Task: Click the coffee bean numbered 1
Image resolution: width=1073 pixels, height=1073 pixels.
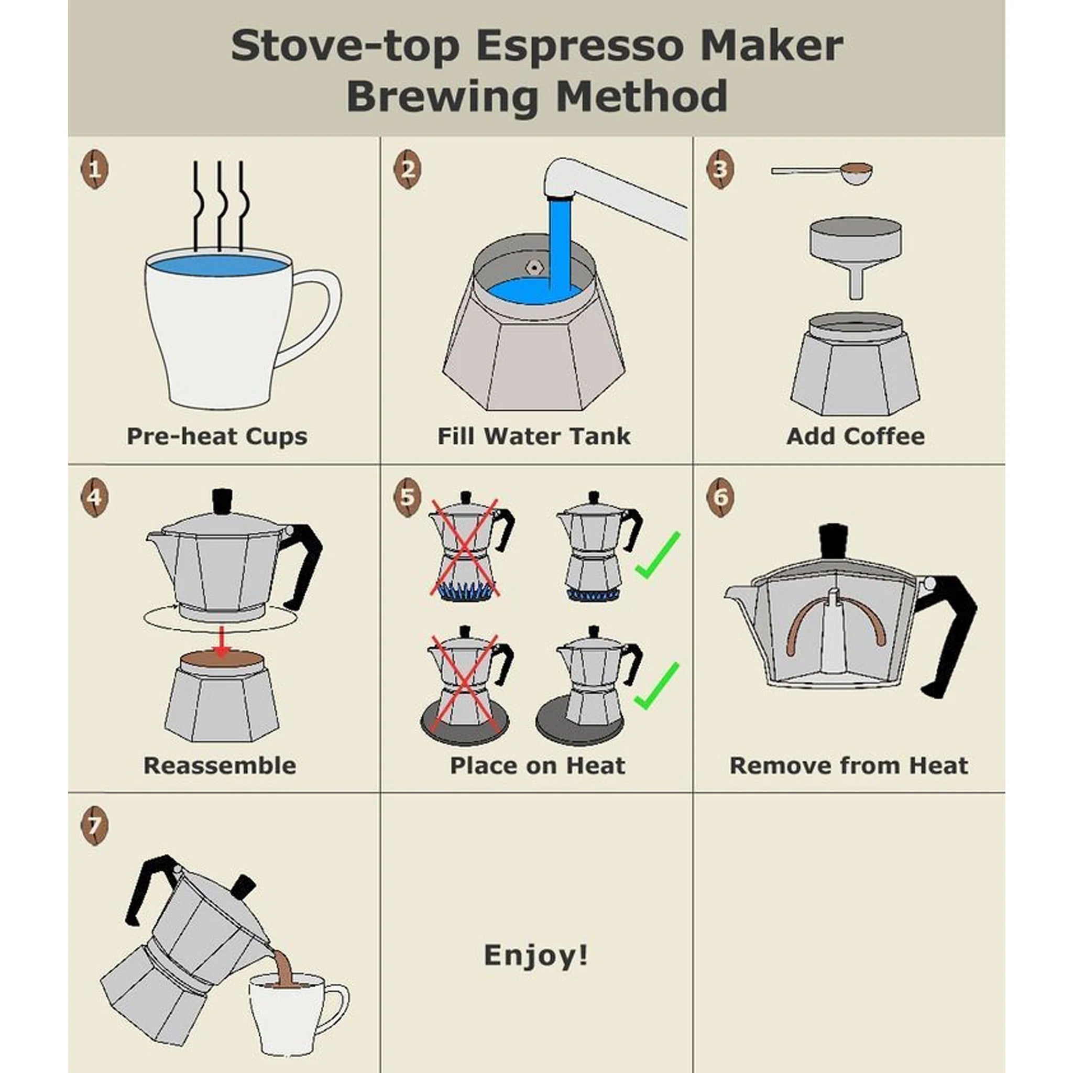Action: (95, 169)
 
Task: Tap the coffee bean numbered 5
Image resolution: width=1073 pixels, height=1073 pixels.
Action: (407, 497)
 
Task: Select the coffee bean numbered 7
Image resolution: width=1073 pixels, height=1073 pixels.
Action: (95, 826)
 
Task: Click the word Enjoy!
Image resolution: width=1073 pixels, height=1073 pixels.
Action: (536, 955)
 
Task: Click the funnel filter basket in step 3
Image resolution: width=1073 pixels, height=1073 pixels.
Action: (855, 250)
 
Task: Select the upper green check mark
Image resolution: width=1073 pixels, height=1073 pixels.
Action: (658, 555)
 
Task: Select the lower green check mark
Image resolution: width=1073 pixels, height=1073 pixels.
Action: (657, 686)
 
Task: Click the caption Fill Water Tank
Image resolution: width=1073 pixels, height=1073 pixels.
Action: (534, 436)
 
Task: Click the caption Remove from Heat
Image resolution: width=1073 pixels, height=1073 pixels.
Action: (849, 765)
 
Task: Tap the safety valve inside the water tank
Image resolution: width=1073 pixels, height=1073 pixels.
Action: (534, 267)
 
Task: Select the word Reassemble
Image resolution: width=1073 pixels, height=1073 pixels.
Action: (220, 765)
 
